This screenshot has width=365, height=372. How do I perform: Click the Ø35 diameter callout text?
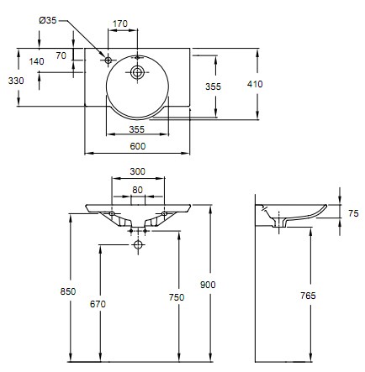tap(48, 20)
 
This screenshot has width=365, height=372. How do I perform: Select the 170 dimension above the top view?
tap(120, 24)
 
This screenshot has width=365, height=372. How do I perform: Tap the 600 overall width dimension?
tap(138, 146)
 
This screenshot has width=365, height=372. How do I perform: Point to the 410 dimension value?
tap(255, 84)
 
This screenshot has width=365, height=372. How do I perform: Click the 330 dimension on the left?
tap(16, 81)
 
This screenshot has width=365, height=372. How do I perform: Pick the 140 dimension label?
tap(37, 61)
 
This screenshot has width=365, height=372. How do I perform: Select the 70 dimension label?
tap(61, 55)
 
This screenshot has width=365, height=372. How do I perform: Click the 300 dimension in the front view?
tap(138, 171)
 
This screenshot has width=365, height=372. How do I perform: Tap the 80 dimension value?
tap(137, 190)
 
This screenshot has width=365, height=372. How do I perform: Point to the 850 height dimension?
tap(68, 291)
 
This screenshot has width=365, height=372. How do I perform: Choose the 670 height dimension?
tap(98, 304)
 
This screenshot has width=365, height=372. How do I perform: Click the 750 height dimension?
tap(177, 297)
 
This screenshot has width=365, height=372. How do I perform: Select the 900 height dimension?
tap(208, 285)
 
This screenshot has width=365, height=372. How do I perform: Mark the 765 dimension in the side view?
tap(308, 296)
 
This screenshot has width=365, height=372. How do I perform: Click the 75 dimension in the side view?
tap(353, 213)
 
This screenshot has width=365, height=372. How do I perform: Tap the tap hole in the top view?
tap(108, 60)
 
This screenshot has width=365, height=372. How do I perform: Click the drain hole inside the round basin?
tap(137, 72)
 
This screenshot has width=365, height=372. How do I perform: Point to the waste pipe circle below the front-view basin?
tap(138, 244)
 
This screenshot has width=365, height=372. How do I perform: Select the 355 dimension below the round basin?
tap(137, 129)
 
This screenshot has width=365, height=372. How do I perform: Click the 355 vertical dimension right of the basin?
tap(214, 86)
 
